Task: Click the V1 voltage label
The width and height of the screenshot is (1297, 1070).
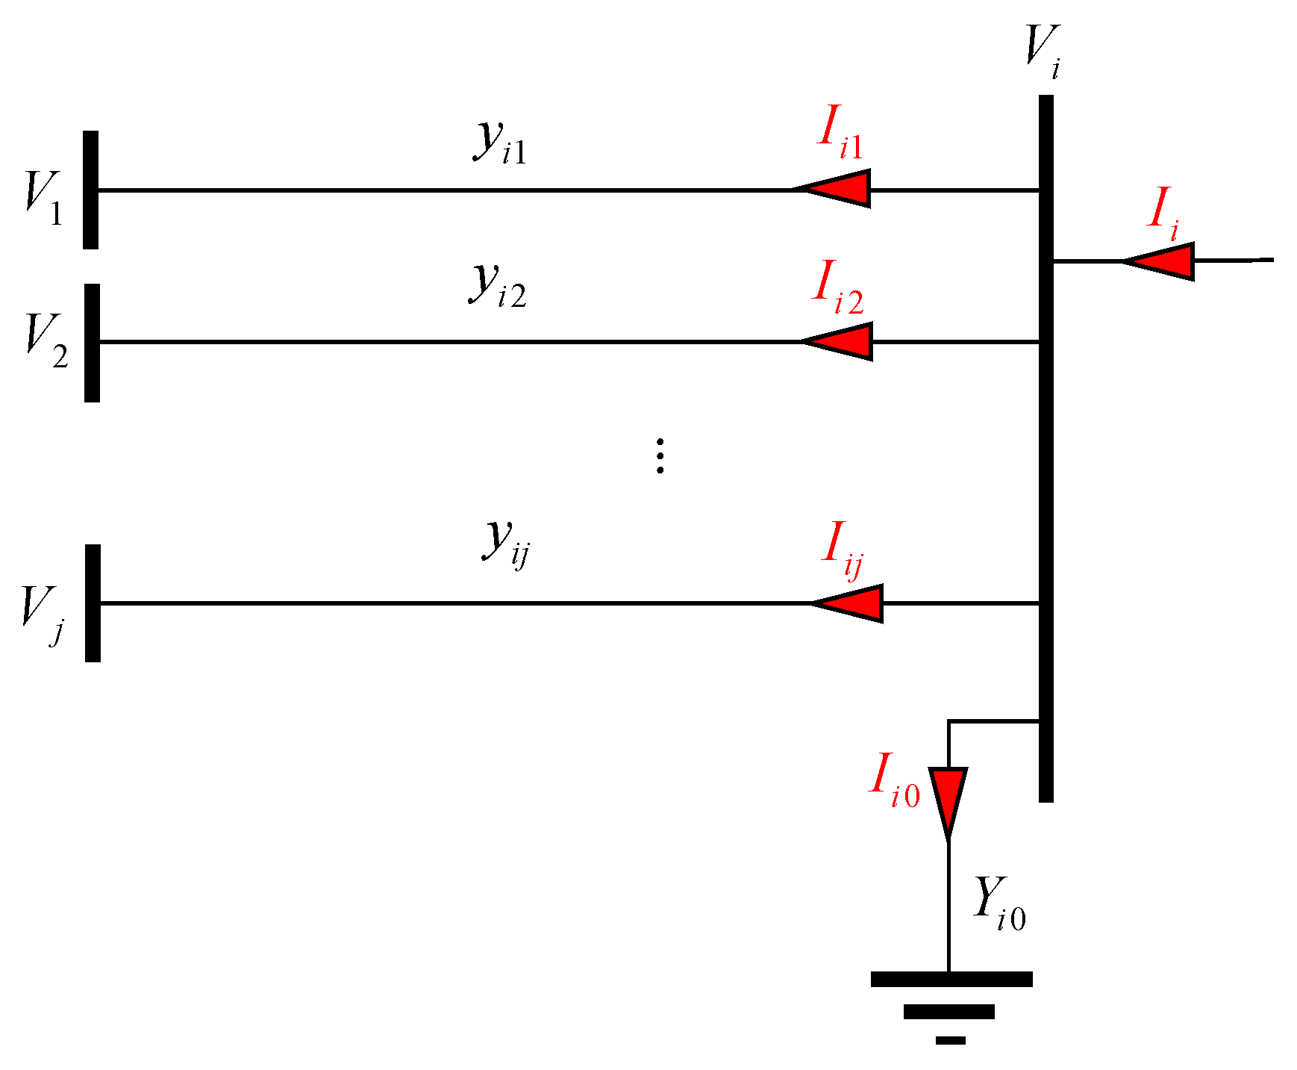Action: pyautogui.click(x=44, y=198)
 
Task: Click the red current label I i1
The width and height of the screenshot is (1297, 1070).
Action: pyautogui.click(x=840, y=133)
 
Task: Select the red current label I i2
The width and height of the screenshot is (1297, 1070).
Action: pyautogui.click(x=838, y=288)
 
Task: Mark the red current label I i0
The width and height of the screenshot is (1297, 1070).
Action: pyautogui.click(x=895, y=781)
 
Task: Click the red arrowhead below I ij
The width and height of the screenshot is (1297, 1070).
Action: pyautogui.click(x=851, y=603)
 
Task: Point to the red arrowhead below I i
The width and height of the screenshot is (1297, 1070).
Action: pyautogui.click(x=1162, y=261)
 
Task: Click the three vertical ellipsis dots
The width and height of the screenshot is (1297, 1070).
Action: pyautogui.click(x=660, y=456)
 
